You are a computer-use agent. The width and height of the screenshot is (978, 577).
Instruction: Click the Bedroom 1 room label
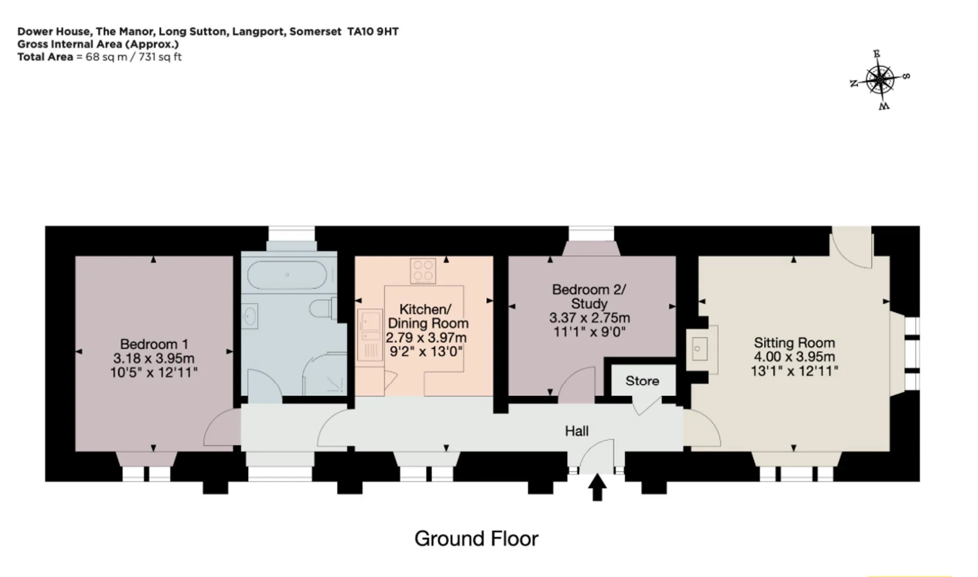[x=154, y=344]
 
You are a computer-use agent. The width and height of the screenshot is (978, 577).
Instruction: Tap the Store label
[x=642, y=381]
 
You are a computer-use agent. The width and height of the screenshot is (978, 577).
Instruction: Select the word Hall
[x=577, y=431]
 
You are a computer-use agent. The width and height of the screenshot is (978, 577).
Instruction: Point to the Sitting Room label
[x=794, y=342]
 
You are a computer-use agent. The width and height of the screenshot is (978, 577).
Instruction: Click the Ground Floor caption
[x=476, y=538]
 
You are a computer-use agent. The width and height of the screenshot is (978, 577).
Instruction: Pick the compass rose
[x=880, y=80]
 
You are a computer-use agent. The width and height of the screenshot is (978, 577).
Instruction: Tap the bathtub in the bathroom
[x=287, y=275]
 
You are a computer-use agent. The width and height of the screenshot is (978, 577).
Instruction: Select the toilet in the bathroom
[x=323, y=309]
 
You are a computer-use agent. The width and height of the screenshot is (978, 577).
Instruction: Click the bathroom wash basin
[x=250, y=316]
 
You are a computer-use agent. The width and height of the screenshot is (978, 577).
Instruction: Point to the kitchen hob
[x=423, y=271]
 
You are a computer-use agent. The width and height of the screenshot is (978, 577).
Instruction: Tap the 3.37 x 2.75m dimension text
[x=589, y=318]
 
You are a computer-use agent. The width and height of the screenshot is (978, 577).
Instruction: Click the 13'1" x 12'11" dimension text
[x=794, y=371]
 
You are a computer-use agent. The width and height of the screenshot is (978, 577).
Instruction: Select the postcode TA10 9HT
[x=373, y=32]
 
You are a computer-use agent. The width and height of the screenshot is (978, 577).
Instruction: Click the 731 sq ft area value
[x=160, y=57]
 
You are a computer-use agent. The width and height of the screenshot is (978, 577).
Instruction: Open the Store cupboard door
[x=646, y=405]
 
